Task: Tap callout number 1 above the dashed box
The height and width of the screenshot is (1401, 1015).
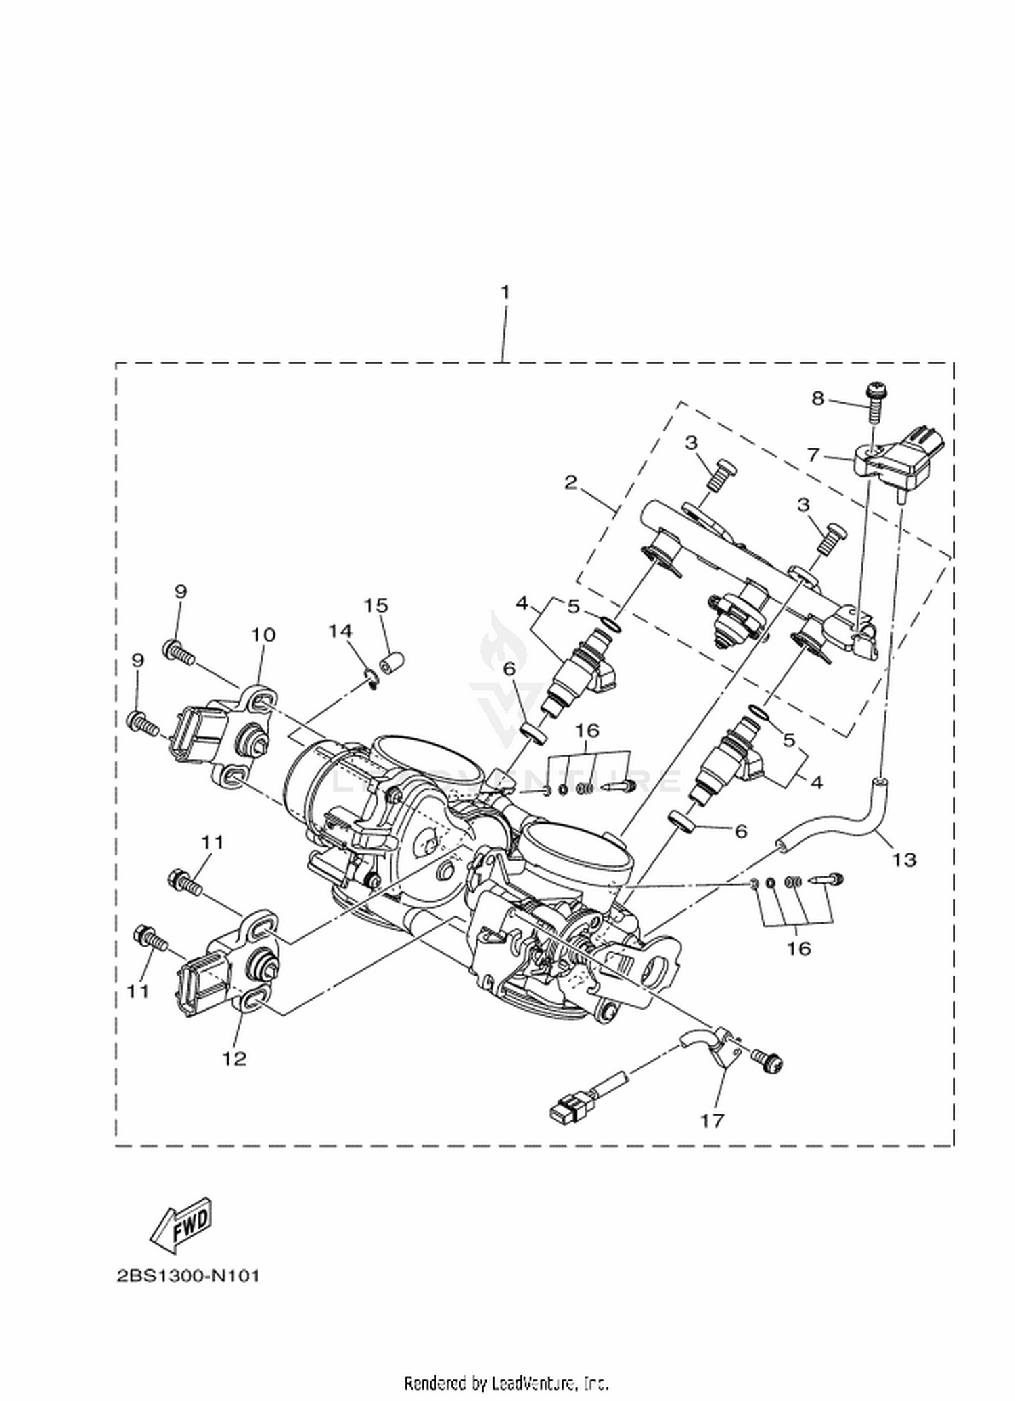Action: [x=505, y=293]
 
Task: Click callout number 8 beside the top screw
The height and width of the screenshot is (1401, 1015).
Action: [x=818, y=399]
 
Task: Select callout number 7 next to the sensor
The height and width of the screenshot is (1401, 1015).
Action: [x=814, y=454]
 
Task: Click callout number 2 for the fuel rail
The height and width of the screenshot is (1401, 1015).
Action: [x=571, y=482]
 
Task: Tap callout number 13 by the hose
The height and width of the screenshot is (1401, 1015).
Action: [x=904, y=859]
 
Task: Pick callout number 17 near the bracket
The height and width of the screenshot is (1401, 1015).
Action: [x=712, y=1120]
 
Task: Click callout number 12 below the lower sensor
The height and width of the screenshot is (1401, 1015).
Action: [x=234, y=1058]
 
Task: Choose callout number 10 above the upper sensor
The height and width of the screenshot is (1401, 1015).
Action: [x=264, y=634]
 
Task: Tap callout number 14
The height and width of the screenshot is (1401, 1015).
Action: [x=340, y=631]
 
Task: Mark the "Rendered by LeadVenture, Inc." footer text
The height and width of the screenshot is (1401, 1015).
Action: [x=507, y=1383]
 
